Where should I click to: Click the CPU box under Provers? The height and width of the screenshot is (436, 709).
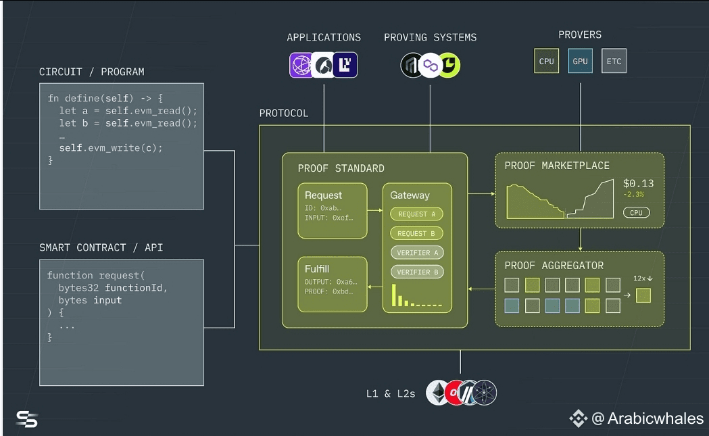546,61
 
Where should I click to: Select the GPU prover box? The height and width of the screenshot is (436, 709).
580,61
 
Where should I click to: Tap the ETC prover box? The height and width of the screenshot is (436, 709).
614,61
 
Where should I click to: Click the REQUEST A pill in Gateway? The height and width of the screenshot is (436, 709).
416,214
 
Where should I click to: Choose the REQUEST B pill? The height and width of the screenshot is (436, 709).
416,233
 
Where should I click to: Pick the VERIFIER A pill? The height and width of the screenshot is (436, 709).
417,253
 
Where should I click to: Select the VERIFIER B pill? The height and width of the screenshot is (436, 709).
417,272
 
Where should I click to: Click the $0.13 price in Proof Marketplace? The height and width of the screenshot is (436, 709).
638,183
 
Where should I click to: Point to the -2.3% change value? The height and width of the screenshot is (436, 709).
633,194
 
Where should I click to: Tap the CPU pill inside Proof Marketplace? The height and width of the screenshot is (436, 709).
636,212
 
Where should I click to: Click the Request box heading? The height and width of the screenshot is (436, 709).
323,195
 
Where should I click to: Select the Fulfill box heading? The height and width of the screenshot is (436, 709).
317,268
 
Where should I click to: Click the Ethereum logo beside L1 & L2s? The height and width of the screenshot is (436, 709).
438,393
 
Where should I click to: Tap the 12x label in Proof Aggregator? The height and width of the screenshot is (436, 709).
639,278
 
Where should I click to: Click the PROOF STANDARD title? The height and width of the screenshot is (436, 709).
341,168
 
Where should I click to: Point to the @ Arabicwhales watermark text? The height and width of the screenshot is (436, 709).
647,418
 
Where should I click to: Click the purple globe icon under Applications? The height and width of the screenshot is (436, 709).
301,65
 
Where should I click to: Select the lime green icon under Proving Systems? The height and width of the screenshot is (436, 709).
449,65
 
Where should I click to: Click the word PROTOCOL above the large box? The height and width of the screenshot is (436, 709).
283,113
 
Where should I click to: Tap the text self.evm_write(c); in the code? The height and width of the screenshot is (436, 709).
111,148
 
